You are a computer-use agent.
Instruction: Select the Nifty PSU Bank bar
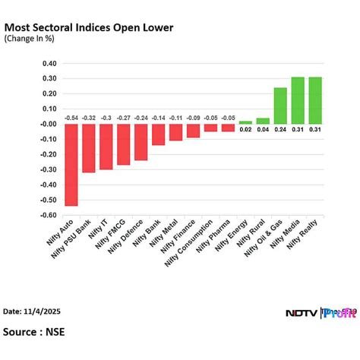[88, 148]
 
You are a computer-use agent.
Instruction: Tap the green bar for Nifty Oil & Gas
[280, 106]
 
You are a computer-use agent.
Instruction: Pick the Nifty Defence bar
[141, 142]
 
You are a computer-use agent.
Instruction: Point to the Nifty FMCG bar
[123, 144]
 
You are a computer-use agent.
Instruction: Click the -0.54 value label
[71, 118]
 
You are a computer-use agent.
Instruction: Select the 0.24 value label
[280, 129]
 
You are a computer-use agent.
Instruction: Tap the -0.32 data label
[89, 118]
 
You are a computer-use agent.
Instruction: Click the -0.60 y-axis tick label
[51, 215]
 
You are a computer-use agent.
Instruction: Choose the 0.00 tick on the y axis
[52, 124]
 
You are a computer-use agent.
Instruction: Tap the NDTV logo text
[302, 312]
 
